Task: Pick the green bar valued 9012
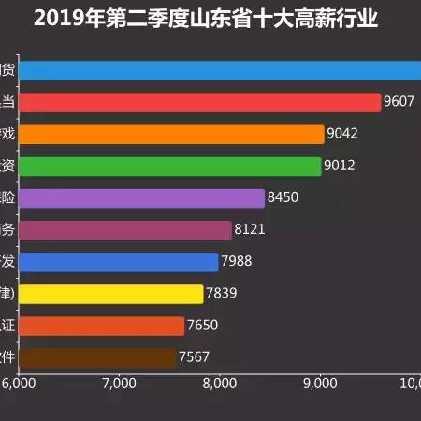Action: (x=169, y=167)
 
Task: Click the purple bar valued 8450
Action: (x=141, y=198)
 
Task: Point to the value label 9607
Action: (x=400, y=102)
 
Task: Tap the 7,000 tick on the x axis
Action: (x=118, y=384)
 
